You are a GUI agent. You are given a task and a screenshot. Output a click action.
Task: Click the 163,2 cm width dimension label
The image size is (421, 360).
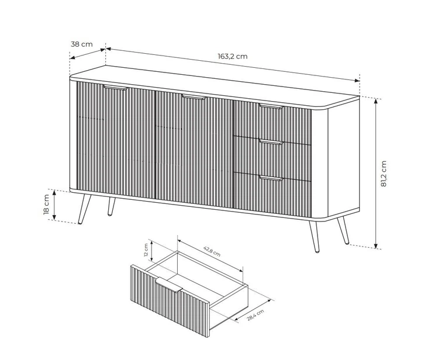[233, 56]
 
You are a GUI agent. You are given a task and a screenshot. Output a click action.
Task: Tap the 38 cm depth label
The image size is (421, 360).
[82, 44]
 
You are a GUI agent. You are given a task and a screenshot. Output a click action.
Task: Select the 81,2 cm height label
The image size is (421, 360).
[384, 174]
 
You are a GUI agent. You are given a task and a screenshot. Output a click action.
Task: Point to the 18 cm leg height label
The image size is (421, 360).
[46, 205]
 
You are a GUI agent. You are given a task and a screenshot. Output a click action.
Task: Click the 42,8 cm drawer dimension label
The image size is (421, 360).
[212, 251]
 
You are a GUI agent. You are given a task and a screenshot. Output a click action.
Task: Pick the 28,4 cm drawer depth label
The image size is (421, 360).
[256, 315]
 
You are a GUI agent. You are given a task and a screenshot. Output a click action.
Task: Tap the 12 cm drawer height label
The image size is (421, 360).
[146, 250]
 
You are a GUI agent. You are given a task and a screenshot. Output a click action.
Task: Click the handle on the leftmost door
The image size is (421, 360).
[116, 88]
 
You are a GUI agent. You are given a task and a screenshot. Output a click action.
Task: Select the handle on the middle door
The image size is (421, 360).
[194, 97]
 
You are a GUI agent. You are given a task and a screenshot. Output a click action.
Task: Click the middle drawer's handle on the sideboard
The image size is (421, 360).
[271, 142]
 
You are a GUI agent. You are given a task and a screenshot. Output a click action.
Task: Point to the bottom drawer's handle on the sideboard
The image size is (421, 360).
[271, 178]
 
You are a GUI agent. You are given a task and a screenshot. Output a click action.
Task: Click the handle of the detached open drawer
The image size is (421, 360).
[169, 285]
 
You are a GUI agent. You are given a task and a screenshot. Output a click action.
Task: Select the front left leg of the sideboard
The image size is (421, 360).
[84, 209]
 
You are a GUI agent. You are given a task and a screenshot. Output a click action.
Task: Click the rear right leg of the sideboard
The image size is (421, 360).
[343, 231]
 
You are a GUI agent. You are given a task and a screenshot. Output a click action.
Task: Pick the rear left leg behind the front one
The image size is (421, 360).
[111, 206]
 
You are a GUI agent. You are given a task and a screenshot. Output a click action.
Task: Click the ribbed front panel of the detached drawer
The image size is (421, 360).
[170, 301]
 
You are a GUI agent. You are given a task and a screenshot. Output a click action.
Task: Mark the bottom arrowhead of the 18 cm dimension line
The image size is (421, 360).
[54, 217]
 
